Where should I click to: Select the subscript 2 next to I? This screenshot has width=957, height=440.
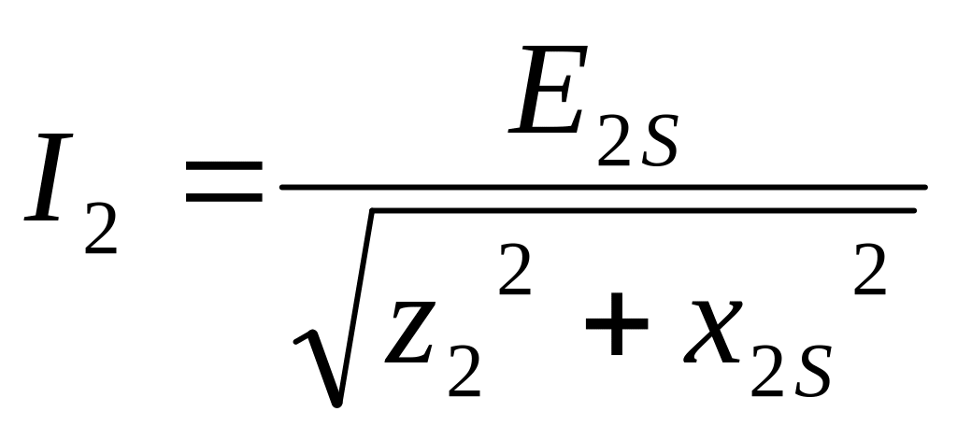point(100,228)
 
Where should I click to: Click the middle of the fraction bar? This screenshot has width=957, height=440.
point(603,187)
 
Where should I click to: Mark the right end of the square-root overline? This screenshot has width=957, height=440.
point(911,210)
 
